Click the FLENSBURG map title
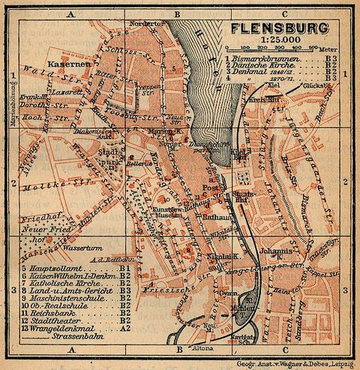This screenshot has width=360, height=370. point(280,29)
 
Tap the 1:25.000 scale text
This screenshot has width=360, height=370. point(280,41)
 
